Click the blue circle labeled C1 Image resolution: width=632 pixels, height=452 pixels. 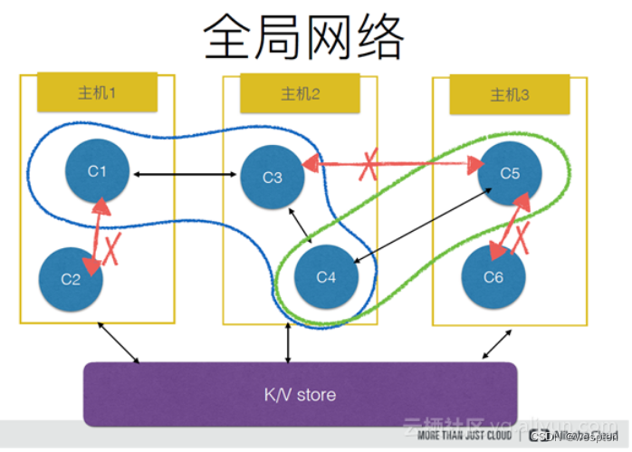[x=98, y=171]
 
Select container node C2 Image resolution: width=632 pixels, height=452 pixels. [x=72, y=278]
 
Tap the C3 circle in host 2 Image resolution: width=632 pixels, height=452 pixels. [x=272, y=177]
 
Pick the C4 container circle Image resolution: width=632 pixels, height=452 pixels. [x=325, y=277]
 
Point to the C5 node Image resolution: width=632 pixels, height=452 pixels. [x=510, y=172]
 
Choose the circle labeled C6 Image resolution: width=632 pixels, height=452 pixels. [x=493, y=277]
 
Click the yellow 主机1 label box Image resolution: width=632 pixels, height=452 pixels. [x=98, y=93]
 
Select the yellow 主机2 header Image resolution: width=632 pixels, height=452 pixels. [x=300, y=93]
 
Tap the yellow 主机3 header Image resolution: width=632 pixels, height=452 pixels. [x=510, y=94]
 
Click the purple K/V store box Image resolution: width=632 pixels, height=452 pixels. [x=300, y=394]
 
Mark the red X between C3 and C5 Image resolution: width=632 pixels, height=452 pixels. [x=369, y=163]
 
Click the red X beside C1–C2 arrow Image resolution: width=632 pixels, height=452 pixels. [x=113, y=247]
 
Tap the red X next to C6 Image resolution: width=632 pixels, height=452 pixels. [x=522, y=239]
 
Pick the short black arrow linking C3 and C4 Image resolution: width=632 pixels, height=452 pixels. [x=300, y=226]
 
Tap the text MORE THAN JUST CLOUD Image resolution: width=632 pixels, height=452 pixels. [x=463, y=436]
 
